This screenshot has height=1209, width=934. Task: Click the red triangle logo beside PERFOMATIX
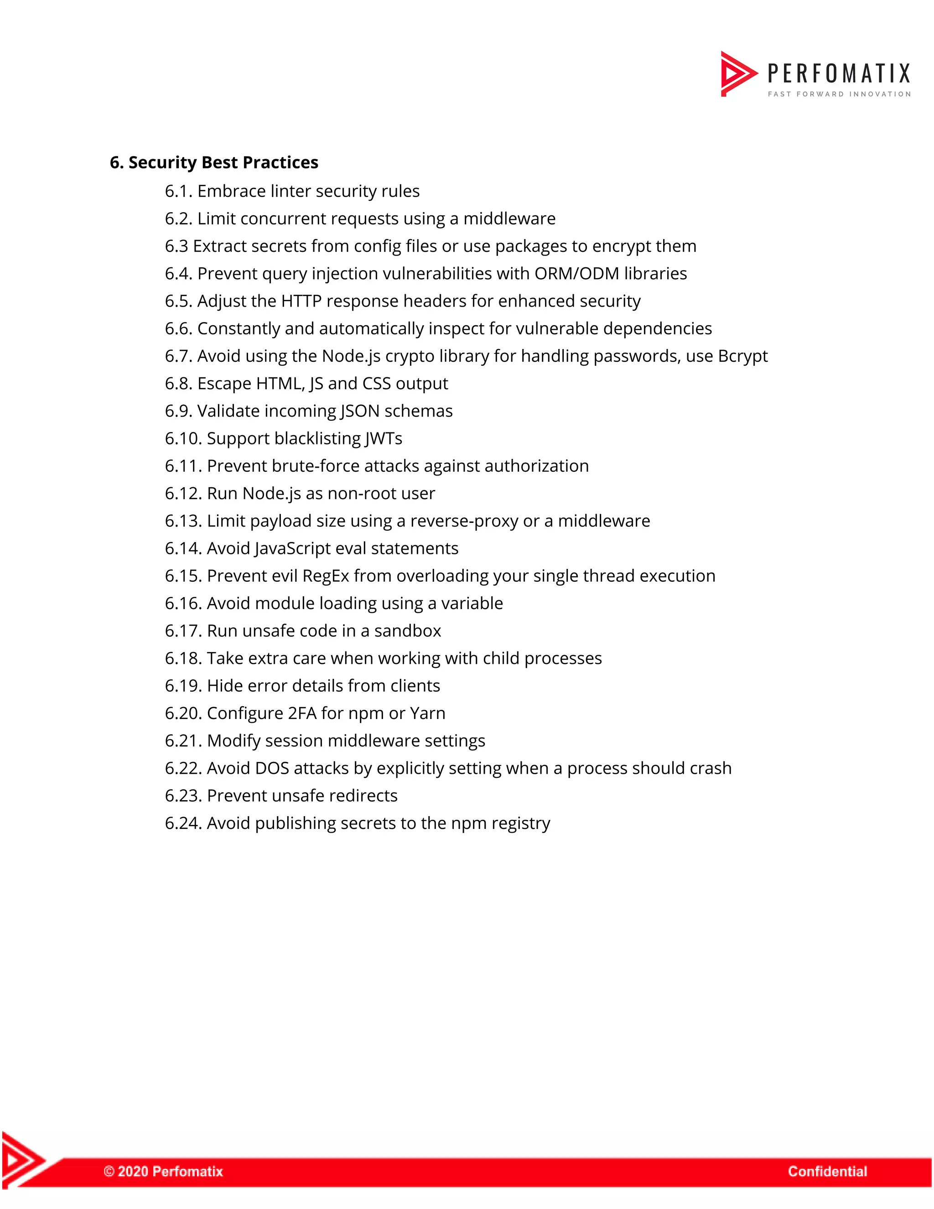pyautogui.click(x=737, y=73)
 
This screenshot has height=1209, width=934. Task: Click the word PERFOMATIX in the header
pyautogui.click(x=838, y=73)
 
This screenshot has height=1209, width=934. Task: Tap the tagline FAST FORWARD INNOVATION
pyautogui.click(x=839, y=94)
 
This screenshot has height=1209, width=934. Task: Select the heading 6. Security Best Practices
pyautogui.click(x=214, y=163)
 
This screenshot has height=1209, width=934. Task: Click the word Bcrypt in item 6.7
pyautogui.click(x=742, y=356)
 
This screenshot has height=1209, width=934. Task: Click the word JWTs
pyautogui.click(x=384, y=438)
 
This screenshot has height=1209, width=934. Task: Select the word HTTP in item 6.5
pyautogui.click(x=301, y=301)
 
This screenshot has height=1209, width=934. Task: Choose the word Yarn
pyautogui.click(x=427, y=713)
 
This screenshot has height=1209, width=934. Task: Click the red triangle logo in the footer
pyautogui.click(x=22, y=1159)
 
